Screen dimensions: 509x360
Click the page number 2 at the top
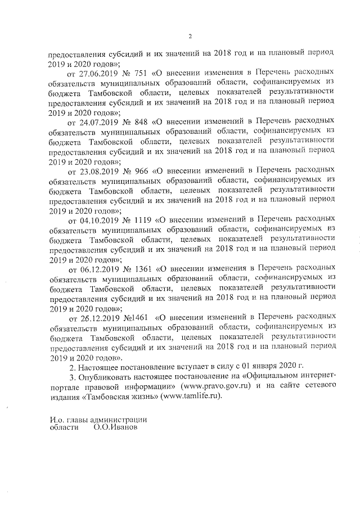point(190,37)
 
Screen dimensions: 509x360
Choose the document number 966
point(141,169)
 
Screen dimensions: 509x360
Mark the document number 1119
point(143,217)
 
